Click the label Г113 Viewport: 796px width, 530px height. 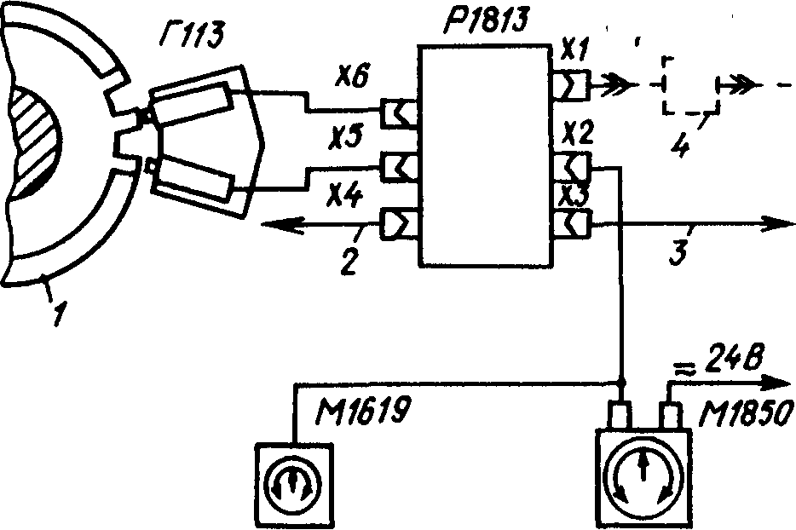click(191, 36)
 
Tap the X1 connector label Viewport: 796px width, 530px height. click(574, 52)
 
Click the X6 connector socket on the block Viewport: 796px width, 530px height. click(399, 112)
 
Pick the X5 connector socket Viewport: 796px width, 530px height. click(399, 167)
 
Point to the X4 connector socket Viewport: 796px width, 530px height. click(399, 223)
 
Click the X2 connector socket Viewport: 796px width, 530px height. click(572, 166)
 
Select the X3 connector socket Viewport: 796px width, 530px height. click(572, 222)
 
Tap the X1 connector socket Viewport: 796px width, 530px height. click(571, 84)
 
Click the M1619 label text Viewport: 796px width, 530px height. click(361, 412)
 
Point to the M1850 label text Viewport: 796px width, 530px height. click(745, 415)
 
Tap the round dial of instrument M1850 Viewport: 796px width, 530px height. click(643, 476)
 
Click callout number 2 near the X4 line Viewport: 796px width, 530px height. click(349, 262)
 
